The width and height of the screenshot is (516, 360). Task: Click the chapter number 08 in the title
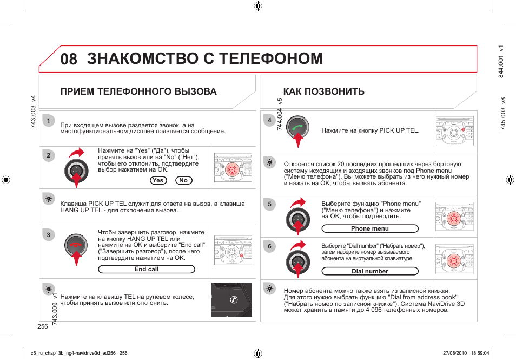[69, 58]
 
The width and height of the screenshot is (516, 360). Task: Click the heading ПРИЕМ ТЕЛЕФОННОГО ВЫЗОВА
[138, 91]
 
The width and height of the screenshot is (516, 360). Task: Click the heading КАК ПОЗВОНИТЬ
[324, 91]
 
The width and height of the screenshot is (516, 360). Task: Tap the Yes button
[158, 180]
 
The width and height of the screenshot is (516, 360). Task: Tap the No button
[184, 180]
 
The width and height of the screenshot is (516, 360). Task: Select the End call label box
[146, 270]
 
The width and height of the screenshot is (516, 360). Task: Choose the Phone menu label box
[370, 228]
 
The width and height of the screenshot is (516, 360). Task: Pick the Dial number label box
[370, 271]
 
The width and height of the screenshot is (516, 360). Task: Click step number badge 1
[48, 120]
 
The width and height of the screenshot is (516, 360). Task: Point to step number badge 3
[48, 235]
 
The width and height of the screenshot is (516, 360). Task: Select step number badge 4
[269, 120]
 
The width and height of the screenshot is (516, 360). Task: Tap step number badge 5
[269, 204]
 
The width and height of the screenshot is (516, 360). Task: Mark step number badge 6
[269, 247]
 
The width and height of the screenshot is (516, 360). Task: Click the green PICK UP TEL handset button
[297, 127]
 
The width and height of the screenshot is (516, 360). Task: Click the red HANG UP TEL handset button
[76, 246]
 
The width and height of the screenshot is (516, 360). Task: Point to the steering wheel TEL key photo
[231, 299]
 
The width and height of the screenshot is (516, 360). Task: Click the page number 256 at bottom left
[43, 326]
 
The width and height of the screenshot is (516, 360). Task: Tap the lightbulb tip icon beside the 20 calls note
[269, 162]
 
